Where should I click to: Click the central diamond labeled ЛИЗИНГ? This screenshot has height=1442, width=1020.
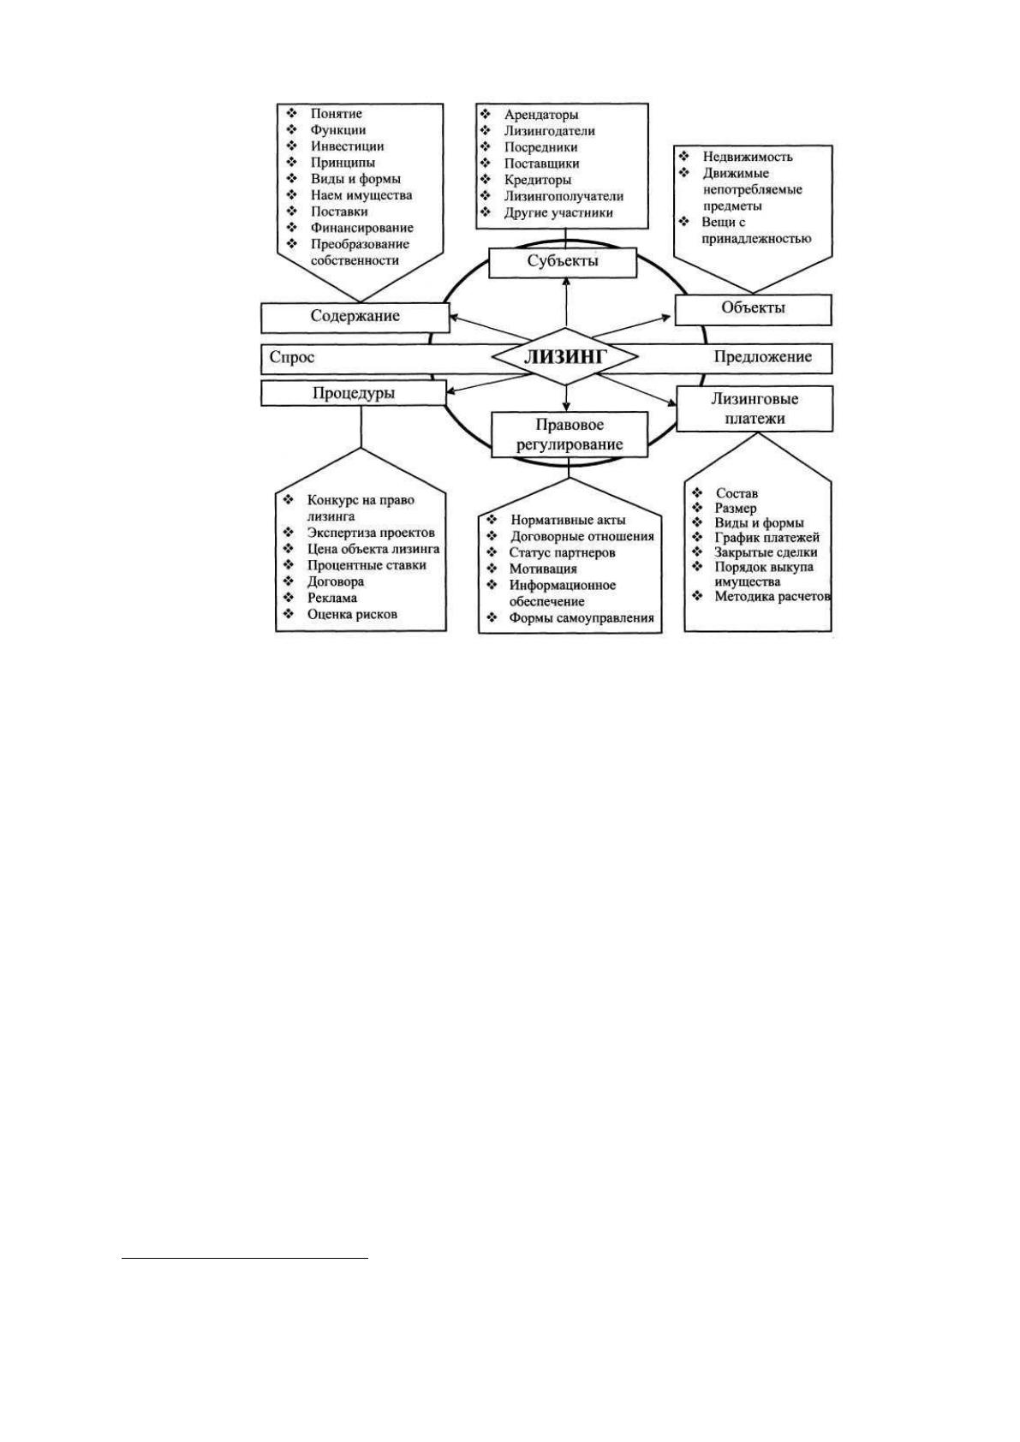coord(564,357)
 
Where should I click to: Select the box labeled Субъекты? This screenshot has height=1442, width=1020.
coord(562,262)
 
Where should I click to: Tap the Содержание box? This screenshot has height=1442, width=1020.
coord(355,317)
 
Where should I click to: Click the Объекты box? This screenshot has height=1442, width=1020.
coord(753,309)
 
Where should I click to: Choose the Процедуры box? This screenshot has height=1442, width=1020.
coord(354,393)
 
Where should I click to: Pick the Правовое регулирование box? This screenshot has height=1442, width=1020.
coord(570,434)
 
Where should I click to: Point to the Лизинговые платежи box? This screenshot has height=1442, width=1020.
coord(754,408)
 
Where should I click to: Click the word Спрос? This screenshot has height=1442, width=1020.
coord(292,358)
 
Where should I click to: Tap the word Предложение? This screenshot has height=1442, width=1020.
coord(762,357)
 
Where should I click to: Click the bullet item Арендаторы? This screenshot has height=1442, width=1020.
coord(541,115)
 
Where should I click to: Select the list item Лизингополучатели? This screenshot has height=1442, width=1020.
coord(564,196)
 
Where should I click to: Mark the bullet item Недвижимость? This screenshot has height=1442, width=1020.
coord(748,157)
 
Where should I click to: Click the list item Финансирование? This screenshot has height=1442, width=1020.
coord(362,228)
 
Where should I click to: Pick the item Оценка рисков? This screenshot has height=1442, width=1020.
coord(352,614)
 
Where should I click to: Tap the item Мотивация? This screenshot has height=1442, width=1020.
coord(543,569)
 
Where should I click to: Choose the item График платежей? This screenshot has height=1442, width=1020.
coord(766,538)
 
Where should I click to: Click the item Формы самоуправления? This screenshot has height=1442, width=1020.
coord(582,618)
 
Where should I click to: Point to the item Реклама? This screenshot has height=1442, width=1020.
coord(331,598)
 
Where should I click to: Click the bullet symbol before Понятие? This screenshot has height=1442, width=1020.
coord(292,113)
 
